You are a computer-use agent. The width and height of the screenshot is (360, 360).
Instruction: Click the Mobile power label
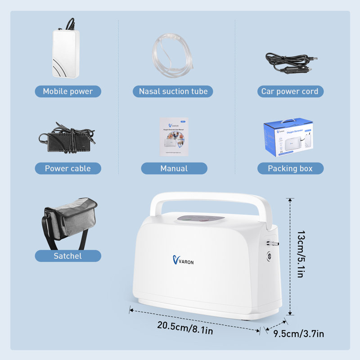(68, 91)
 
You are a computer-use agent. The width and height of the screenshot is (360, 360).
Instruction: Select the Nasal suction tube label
(173, 91)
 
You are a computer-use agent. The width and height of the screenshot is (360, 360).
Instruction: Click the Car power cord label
(290, 91)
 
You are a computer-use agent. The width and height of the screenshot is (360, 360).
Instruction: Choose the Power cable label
(68, 169)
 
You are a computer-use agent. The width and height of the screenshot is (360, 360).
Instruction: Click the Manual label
(174, 169)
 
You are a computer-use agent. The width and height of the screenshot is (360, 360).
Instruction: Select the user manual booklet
(174, 137)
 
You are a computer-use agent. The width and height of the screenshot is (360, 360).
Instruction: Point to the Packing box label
(290, 169)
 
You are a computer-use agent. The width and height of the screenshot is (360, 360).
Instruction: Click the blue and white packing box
(288, 137)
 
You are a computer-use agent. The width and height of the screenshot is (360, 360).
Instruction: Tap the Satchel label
(68, 256)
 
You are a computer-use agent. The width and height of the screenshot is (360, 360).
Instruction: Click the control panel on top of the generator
(201, 219)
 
